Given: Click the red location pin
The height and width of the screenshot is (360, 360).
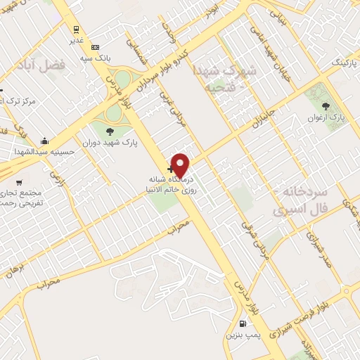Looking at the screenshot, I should point(180,165).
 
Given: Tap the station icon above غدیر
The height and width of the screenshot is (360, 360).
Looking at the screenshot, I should point(75,30).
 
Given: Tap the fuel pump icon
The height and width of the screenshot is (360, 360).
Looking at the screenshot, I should point(243,324).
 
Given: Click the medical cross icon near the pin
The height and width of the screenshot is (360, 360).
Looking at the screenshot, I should point(171,169).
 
